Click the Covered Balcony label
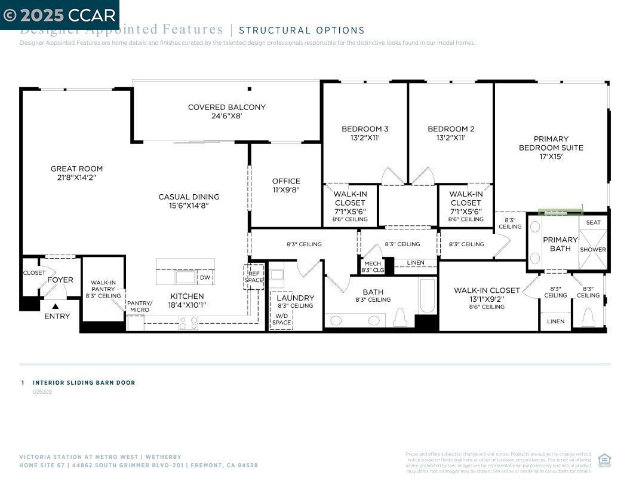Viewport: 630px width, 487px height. (226, 108)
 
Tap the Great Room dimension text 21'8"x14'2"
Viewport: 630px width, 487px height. (76, 177)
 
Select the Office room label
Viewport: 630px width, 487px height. (286, 181)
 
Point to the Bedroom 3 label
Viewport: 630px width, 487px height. (365, 129)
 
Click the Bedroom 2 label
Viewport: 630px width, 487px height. (451, 129)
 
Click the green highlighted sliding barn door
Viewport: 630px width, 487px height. (560, 212)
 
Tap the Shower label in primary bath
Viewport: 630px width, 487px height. (592, 250)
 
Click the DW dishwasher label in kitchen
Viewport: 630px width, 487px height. (204, 277)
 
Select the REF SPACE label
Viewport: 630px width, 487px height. (253, 277)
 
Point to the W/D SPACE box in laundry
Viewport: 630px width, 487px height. (281, 319)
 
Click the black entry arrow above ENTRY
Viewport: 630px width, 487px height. (56, 307)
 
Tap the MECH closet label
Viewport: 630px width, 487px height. (372, 264)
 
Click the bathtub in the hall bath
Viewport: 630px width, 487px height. (427, 296)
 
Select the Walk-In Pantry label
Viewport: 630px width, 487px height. (103, 286)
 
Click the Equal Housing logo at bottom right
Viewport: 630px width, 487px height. (604, 460)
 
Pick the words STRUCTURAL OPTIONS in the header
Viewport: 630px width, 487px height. (302, 30)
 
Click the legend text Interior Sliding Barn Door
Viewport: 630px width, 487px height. (84, 382)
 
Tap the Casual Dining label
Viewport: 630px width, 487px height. (189, 197)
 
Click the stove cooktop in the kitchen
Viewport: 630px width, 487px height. (188, 323)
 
